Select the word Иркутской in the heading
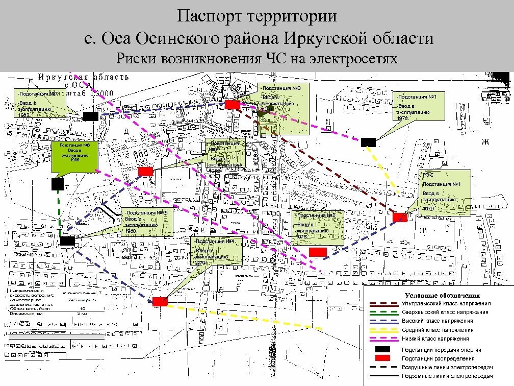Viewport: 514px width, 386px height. [334, 39]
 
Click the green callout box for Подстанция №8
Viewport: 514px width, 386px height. [74, 156]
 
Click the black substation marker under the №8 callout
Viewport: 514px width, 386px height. [58, 184]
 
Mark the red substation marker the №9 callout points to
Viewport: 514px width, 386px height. [233, 105]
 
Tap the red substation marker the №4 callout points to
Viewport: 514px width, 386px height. [160, 301]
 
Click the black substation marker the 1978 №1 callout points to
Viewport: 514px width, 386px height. [368, 142]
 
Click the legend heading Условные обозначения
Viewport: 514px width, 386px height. [442, 296]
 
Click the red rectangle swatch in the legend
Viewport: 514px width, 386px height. [382, 358]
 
